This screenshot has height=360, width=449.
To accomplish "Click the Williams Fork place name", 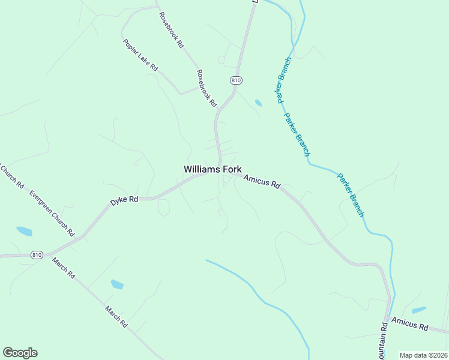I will (212, 170).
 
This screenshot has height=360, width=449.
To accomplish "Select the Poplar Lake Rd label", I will (140, 56).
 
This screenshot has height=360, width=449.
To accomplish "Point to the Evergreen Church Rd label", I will (52, 214).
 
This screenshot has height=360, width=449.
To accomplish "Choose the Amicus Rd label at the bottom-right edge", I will (410, 325).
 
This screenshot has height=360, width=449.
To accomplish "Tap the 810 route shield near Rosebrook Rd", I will (236, 80).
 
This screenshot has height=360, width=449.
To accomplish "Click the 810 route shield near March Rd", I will (37, 254).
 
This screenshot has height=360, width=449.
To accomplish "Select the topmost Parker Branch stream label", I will (284, 80).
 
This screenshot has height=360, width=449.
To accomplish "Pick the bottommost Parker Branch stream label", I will (351, 195).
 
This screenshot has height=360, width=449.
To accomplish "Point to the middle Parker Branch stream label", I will (297, 135).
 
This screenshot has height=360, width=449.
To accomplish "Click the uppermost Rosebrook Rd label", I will (170, 30).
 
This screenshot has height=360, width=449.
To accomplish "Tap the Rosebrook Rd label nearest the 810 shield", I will (206, 88).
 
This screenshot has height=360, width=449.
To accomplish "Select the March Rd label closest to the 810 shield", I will (63, 268).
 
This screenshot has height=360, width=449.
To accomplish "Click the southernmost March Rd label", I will (116, 316).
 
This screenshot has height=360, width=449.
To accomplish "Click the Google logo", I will (20, 353).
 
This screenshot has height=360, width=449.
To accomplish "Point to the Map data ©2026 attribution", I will (423, 355).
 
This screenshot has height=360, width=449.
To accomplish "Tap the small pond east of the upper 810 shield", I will (258, 103).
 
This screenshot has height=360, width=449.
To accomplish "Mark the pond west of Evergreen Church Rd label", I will (24, 231).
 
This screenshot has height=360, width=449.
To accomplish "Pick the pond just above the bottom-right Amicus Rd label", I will (419, 310).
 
